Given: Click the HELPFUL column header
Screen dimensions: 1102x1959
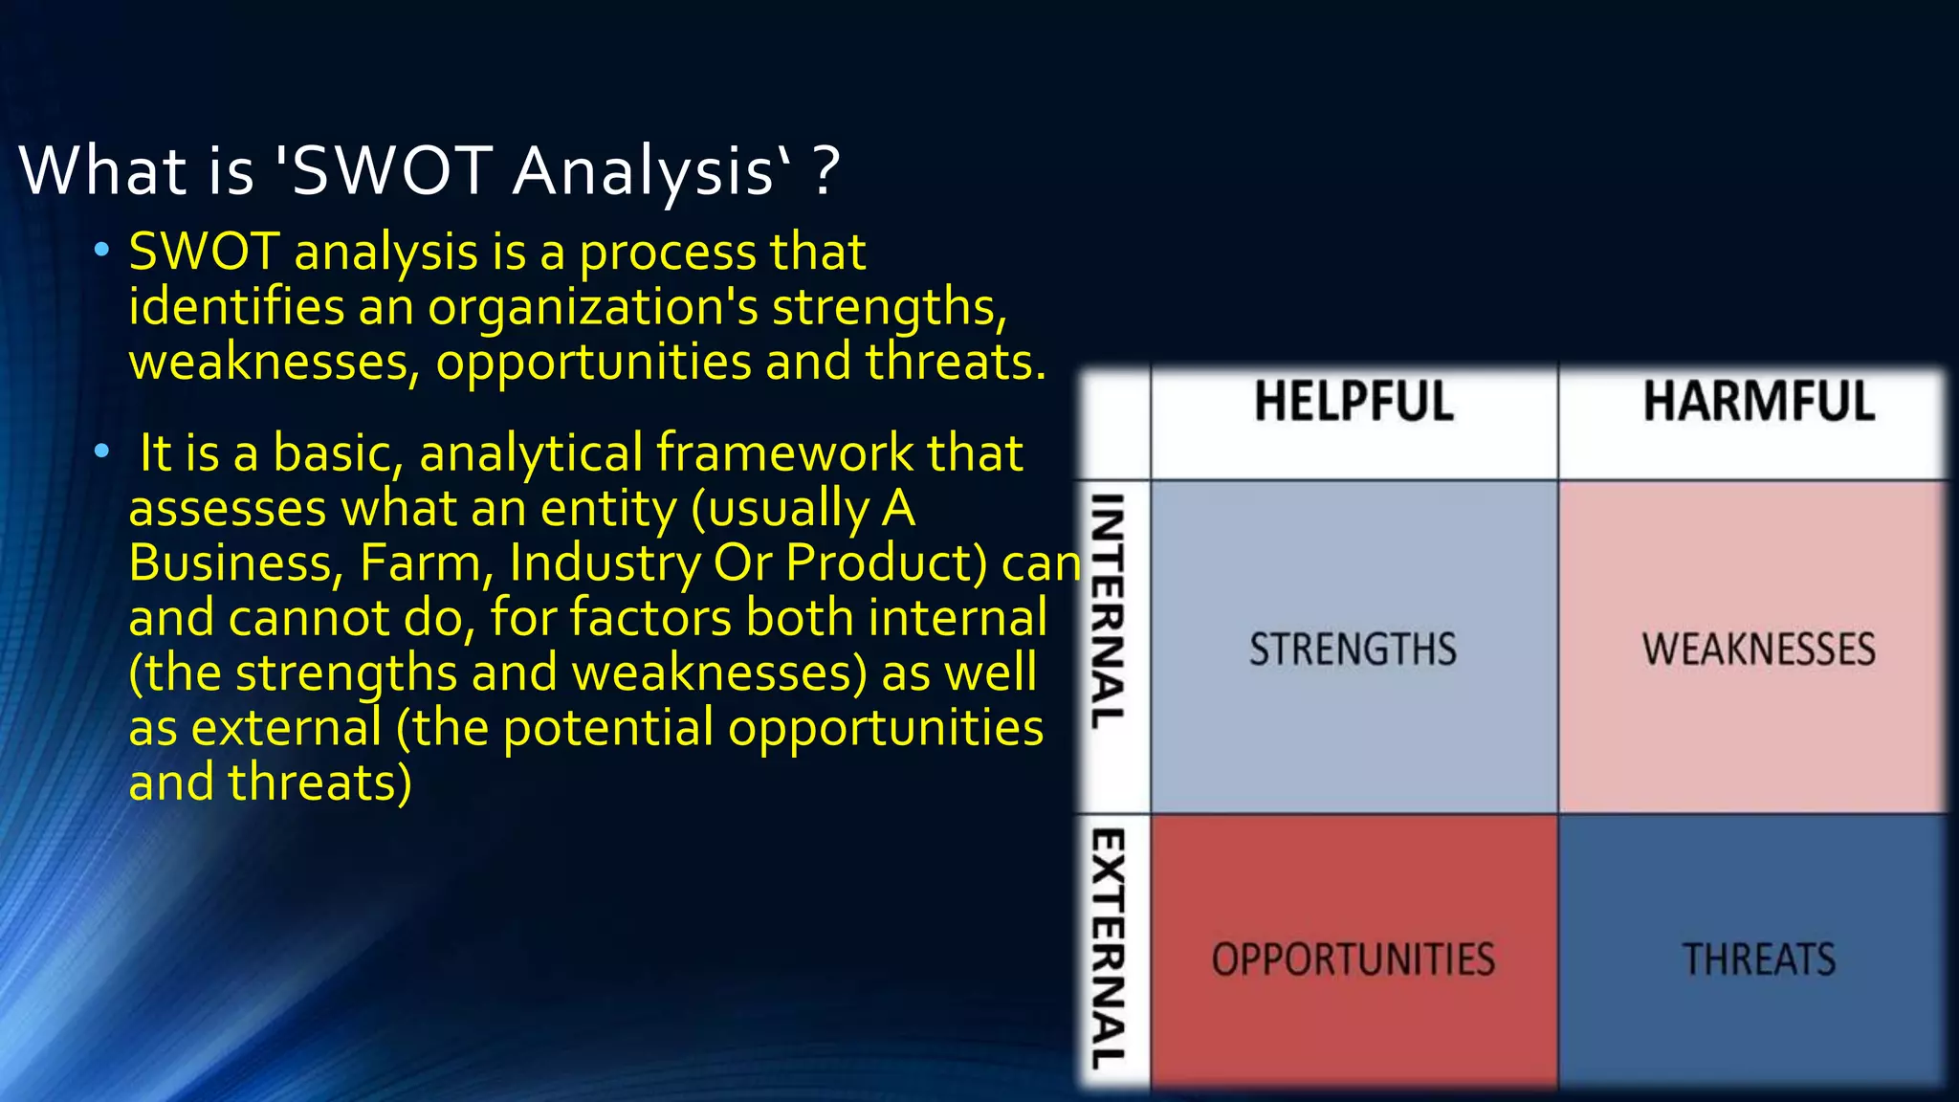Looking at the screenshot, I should tap(1353, 401).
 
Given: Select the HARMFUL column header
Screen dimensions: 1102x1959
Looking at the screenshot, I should tap(1758, 401).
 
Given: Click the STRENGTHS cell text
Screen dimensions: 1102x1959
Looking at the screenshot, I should tap(1353, 650).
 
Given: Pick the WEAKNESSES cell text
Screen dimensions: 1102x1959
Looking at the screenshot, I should tap(1758, 650).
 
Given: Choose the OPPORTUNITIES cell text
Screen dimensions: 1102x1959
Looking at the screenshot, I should tap(1353, 959).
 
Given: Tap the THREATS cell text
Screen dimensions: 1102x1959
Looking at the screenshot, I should tap(1758, 959).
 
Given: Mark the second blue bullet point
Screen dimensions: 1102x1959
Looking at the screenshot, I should tap(101, 452).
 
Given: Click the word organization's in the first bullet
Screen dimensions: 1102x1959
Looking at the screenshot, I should tap(593, 308).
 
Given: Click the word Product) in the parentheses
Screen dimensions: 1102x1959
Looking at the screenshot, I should tap(886, 562).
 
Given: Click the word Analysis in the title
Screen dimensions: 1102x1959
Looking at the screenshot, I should tap(643, 172).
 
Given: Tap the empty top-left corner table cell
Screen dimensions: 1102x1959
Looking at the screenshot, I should tap(1113, 422).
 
